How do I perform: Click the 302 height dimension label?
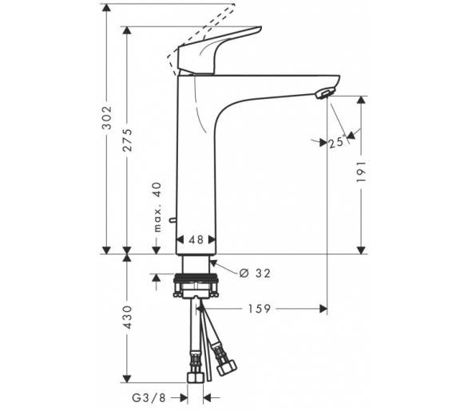click(x=106, y=117)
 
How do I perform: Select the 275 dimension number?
click(x=127, y=140)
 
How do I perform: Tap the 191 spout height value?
click(x=361, y=172)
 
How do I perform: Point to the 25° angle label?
click(x=337, y=143)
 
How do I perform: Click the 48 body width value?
click(x=196, y=239)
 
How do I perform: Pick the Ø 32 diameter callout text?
click(x=255, y=273)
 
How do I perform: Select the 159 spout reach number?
click(x=259, y=309)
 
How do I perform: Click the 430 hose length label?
click(x=127, y=317)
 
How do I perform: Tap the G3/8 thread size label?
click(x=149, y=398)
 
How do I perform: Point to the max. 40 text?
click(x=157, y=207)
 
